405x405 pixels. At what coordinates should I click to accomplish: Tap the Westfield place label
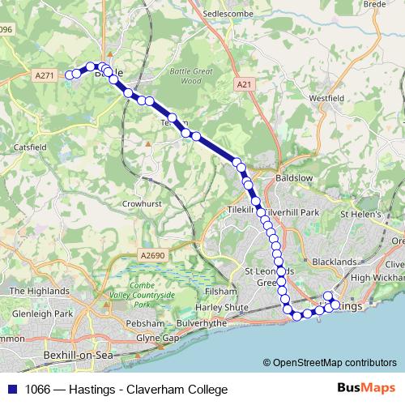326,98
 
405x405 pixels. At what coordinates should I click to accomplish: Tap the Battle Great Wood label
190,76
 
